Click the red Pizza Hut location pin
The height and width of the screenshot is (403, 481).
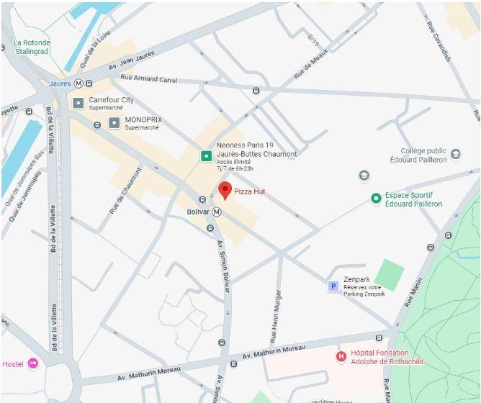[225, 190]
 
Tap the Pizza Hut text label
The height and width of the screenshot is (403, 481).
[251, 191]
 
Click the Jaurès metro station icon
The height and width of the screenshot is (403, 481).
[78, 83]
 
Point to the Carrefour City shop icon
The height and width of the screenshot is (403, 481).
[78, 103]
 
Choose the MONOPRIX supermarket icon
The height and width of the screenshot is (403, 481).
[114, 123]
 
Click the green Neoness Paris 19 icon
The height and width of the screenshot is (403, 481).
[206, 155]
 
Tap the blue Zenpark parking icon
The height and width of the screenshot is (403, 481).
[333, 286]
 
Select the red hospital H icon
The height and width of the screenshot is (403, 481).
[341, 356]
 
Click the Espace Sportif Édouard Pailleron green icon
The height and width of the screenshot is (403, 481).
[375, 199]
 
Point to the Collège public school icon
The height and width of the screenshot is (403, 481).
[364, 176]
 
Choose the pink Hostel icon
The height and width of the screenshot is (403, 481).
[32, 363]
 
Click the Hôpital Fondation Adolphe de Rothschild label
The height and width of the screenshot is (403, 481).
[379, 358]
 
